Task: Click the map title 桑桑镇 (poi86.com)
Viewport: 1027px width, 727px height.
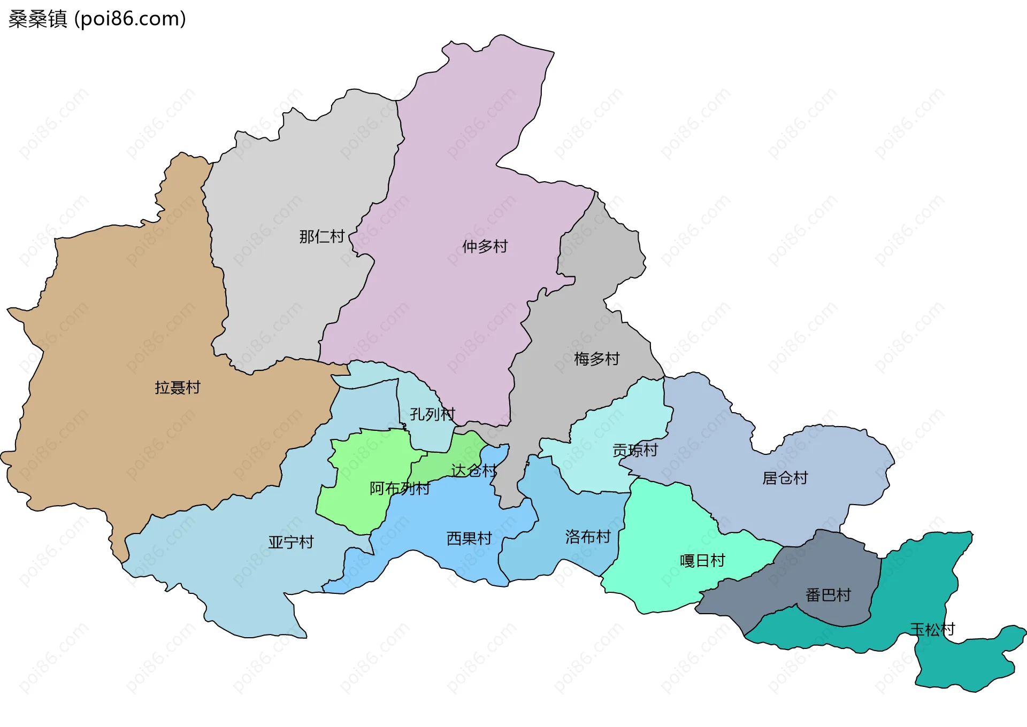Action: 97,19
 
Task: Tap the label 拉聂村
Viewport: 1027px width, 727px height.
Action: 178,388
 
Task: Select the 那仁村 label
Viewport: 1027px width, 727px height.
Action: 321,236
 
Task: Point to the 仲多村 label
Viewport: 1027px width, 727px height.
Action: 485,246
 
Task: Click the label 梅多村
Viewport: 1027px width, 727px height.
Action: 596,359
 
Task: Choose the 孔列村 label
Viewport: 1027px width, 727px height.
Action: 432,414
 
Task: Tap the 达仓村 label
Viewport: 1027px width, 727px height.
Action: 473,471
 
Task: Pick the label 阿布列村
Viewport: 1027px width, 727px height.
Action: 400,489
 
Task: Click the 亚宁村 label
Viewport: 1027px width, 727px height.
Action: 290,543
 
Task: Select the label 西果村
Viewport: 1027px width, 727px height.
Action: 469,539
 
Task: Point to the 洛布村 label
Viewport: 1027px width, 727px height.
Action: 588,537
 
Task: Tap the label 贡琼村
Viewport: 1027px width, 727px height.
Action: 635,451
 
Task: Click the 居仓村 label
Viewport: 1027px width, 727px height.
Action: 785,478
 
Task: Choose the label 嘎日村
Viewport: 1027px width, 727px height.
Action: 702,561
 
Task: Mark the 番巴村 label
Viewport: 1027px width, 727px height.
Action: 828,595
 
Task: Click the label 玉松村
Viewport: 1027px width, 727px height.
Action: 932,630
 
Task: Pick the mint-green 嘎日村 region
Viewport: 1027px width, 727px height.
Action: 663,524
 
